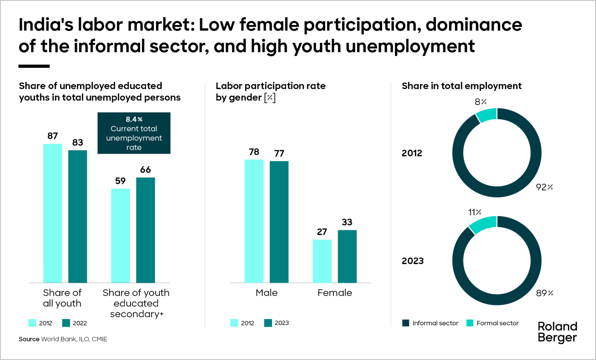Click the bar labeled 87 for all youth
[53, 213]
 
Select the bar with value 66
[146, 230]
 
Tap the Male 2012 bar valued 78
[254, 221]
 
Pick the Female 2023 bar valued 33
[347, 257]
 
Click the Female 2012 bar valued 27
[322, 261]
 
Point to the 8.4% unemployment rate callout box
[134, 133]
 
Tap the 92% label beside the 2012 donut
[544, 187]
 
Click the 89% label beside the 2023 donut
[544, 293]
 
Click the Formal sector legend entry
[492, 323]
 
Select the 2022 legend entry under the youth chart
[74, 323]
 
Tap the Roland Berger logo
[557, 332]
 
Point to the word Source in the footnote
[29, 339]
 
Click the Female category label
[335, 293]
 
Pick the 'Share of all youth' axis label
[62, 298]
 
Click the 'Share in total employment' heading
[462, 86]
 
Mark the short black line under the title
[34, 66]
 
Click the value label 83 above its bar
[77, 143]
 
